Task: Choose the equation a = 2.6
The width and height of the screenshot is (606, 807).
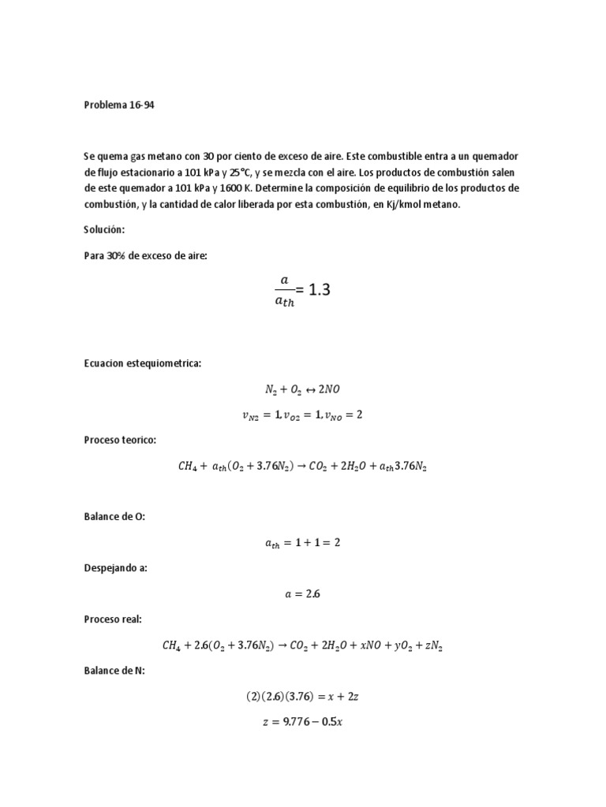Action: click(302, 593)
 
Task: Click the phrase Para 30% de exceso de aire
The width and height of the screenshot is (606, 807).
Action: click(145, 255)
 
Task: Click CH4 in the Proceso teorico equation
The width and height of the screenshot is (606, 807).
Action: click(190, 465)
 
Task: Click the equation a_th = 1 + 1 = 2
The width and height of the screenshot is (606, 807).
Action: click(302, 542)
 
